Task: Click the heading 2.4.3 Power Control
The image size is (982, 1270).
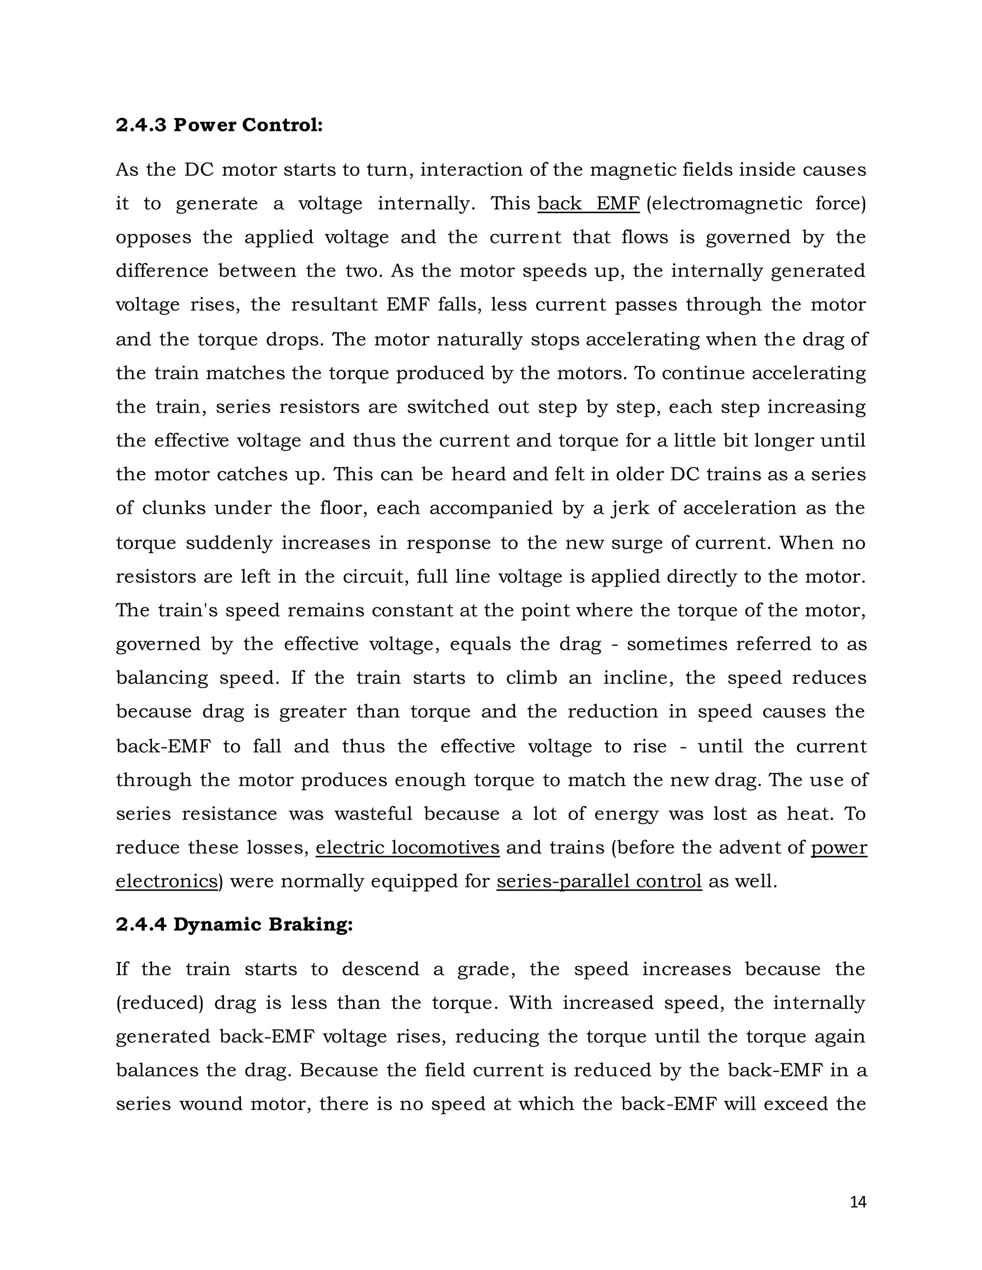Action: click(x=219, y=125)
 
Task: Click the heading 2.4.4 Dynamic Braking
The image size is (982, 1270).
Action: click(x=234, y=924)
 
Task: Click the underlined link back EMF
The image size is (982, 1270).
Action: click(x=588, y=204)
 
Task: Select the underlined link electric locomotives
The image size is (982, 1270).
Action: click(x=407, y=848)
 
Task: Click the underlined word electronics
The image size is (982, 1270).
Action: click(x=166, y=881)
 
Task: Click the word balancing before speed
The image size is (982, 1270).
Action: click(x=162, y=679)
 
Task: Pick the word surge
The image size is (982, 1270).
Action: click(x=636, y=543)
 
